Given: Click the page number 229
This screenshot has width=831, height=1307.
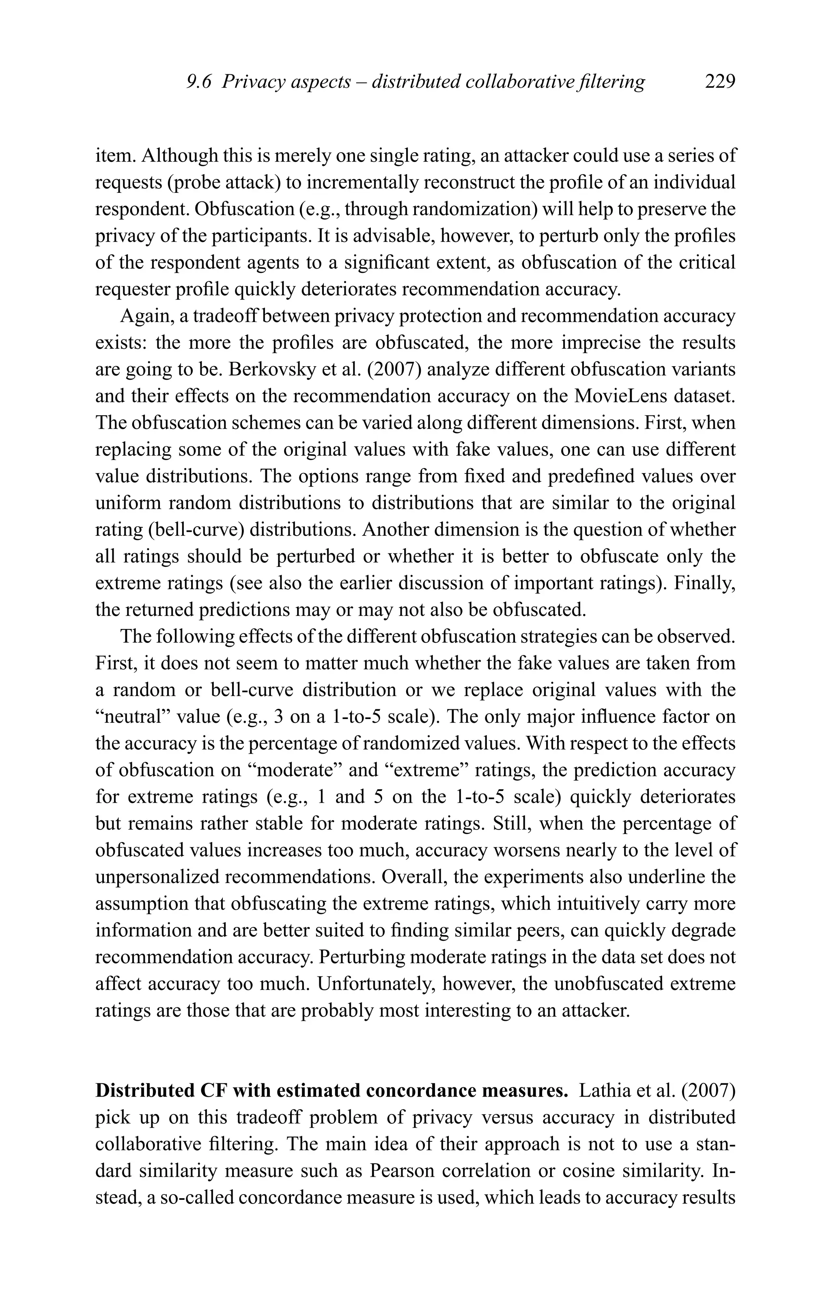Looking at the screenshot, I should pyautogui.click(x=720, y=82).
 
